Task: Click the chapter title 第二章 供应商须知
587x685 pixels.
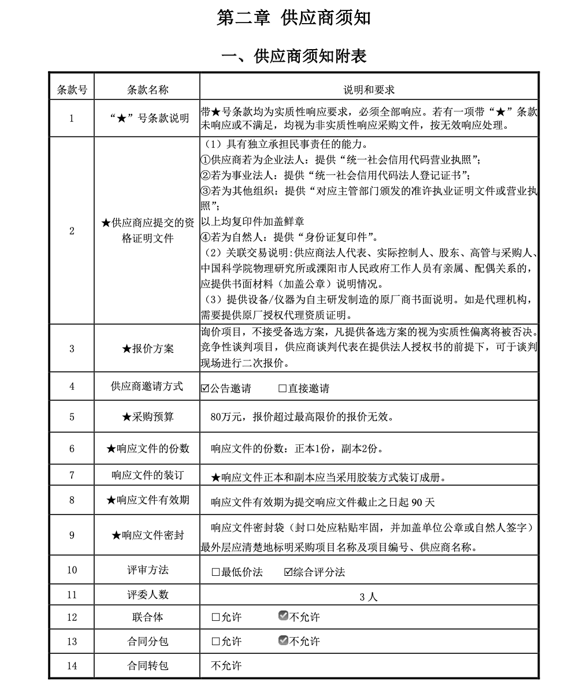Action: tap(293, 18)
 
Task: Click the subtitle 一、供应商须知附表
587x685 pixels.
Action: tap(293, 56)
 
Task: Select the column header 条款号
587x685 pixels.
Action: tap(72, 90)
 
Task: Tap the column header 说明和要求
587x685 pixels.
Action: tap(369, 90)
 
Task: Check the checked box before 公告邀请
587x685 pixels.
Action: tap(205, 389)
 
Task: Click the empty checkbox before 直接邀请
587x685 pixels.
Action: tap(283, 389)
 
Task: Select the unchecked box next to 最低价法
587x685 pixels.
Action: tap(216, 572)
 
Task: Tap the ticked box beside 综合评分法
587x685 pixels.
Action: tap(288, 572)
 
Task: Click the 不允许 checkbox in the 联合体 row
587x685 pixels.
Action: tap(283, 616)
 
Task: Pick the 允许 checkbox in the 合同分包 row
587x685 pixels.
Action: tap(216, 642)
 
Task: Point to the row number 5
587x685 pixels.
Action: tap(72, 416)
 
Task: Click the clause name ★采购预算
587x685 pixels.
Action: tap(147, 416)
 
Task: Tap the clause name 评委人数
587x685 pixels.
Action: tap(147, 594)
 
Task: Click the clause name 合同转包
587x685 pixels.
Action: tap(147, 666)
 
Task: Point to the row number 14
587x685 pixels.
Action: tap(72, 666)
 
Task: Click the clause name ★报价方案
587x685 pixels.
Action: tap(147, 348)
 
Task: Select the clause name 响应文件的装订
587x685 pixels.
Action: tap(147, 475)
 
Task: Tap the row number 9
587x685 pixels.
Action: tap(72, 535)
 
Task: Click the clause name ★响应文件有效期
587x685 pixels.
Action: tap(147, 500)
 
